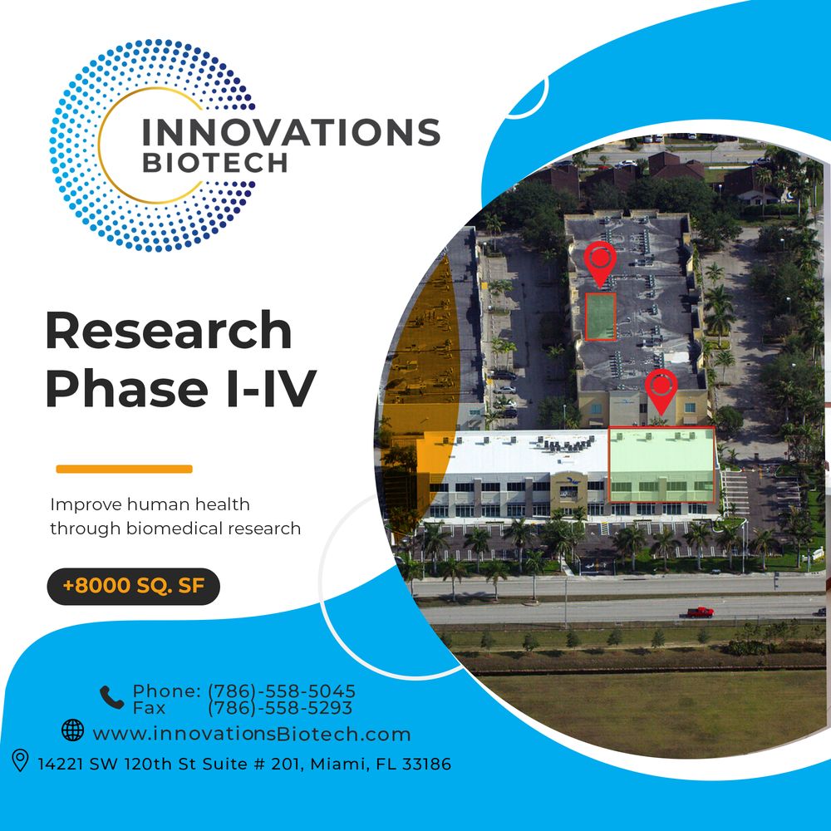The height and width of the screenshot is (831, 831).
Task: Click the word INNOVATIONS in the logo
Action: [x=290, y=132]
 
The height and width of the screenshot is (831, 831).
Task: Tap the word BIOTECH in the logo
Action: [x=214, y=162]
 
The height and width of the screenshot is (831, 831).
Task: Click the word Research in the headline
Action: [x=169, y=332]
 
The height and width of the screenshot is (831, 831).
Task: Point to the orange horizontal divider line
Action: [x=124, y=469]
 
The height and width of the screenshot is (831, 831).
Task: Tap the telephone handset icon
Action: [x=111, y=697]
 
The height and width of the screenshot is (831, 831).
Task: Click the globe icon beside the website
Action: [x=73, y=730]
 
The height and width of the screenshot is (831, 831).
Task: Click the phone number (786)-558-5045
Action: [x=281, y=691]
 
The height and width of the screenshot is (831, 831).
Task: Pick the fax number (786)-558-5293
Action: [x=279, y=708]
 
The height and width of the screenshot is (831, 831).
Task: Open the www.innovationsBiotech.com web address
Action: [x=252, y=735]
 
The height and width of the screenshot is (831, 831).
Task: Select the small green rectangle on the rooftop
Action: [x=600, y=316]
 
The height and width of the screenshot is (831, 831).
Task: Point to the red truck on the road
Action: [x=700, y=612]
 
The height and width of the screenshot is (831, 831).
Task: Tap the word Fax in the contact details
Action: [x=149, y=708]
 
